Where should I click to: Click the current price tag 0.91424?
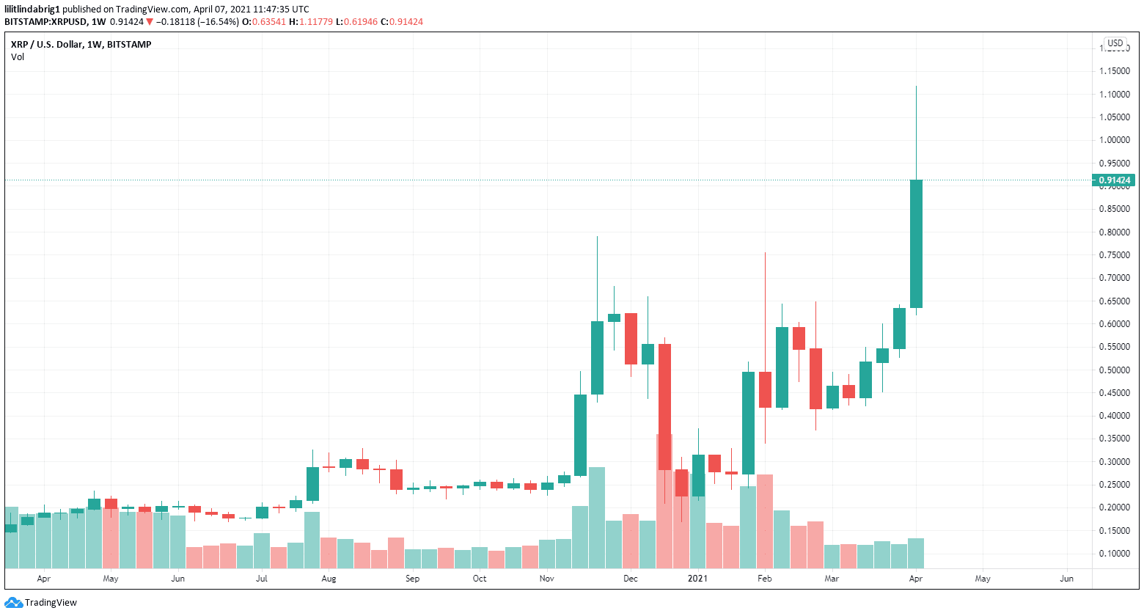point(1115,180)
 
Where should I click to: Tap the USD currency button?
point(1115,43)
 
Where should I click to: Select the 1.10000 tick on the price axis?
point(1114,95)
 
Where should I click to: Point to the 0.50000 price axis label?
point(1114,370)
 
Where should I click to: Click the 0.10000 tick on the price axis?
point(1114,554)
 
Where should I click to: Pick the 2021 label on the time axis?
point(697,579)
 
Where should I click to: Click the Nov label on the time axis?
point(546,579)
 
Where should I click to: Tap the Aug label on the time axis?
point(329,579)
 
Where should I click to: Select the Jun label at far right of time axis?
point(1066,579)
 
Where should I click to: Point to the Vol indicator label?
point(18,57)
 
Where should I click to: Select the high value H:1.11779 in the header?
point(311,22)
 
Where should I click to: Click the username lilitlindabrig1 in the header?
point(32,10)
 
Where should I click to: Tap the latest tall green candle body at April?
point(916,243)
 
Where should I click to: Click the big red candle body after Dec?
point(664,407)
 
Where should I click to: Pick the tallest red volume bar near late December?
point(664,502)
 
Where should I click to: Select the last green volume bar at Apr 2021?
point(916,554)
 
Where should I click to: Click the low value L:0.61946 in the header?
point(356,22)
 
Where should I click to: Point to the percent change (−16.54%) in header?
point(219,22)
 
